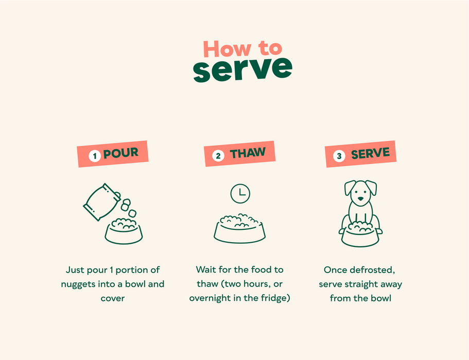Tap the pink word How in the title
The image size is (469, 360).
coord(227,49)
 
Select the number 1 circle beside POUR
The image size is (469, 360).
coord(95,156)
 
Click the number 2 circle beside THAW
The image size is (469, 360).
coord(218,156)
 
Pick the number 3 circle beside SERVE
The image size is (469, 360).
coord(339,156)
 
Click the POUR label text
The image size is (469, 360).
coord(121,153)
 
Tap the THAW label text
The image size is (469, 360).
coord(248,153)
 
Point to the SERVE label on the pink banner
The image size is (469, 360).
coord(370,153)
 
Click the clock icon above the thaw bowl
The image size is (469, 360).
coord(240,193)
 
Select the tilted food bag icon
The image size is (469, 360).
coord(102,202)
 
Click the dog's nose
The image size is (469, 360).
coord(361,199)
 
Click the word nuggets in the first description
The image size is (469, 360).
coord(78,284)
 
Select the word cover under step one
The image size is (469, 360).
coord(112,298)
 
